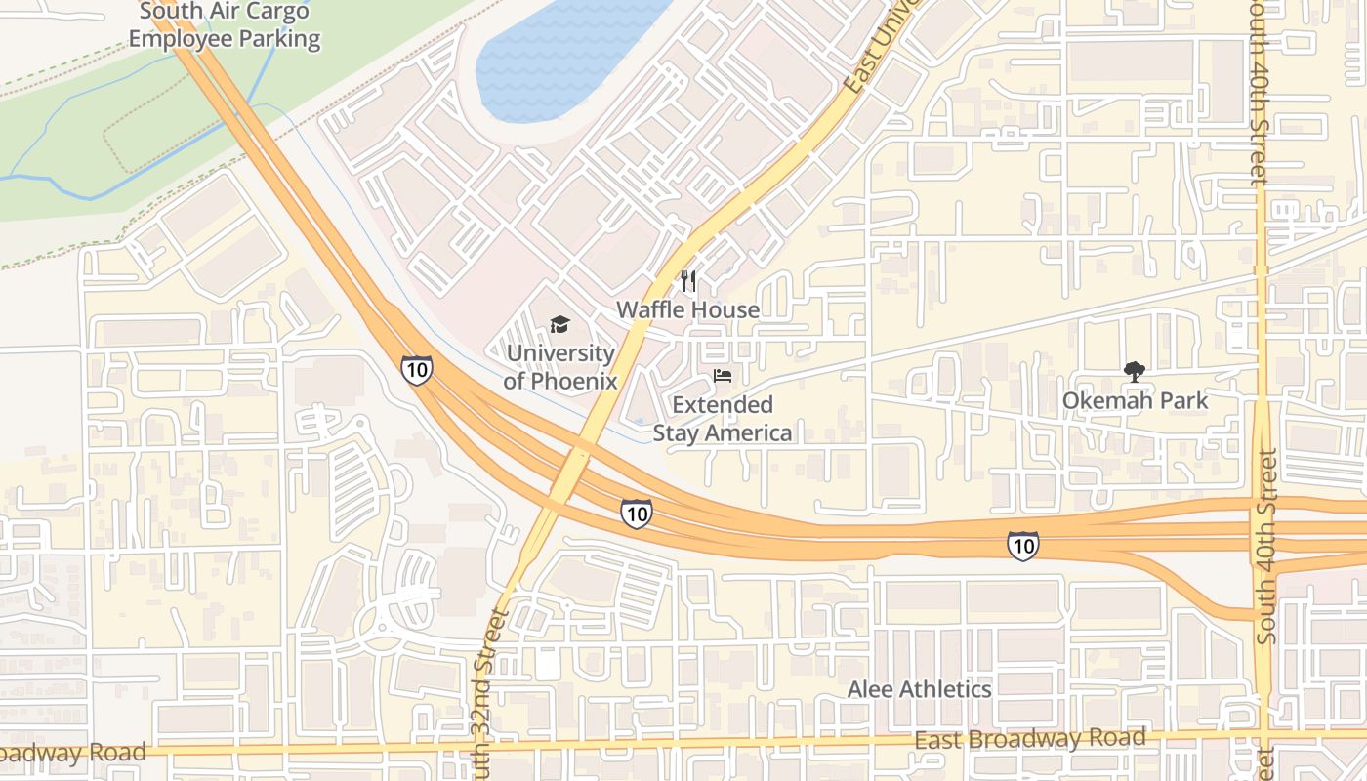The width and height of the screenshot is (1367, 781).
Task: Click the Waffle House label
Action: pyautogui.click(x=687, y=309)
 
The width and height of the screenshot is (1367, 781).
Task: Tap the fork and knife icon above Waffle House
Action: pyautogui.click(x=688, y=282)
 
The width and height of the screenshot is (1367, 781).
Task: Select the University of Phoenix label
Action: pyautogui.click(x=559, y=367)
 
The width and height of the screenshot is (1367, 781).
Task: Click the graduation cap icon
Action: pyautogui.click(x=559, y=324)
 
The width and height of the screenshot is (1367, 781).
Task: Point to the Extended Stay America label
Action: pyautogui.click(x=723, y=419)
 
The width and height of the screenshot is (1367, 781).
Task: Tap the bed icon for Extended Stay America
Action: pyautogui.click(x=723, y=376)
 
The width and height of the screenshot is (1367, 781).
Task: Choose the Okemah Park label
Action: pyautogui.click(x=1135, y=400)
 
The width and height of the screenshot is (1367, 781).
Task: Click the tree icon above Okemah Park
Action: pyautogui.click(x=1134, y=371)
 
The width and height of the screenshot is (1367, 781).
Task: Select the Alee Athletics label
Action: pyautogui.click(x=919, y=689)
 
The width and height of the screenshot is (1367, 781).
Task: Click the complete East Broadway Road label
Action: pyautogui.click(x=1030, y=739)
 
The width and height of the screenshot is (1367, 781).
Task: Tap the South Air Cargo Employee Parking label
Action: pyautogui.click(x=225, y=25)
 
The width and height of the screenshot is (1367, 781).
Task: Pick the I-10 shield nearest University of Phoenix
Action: pyautogui.click(x=416, y=369)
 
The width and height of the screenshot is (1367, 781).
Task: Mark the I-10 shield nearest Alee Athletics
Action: pyautogui.click(x=1022, y=546)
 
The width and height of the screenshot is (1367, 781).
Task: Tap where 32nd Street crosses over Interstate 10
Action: pyautogui.click(x=569, y=473)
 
